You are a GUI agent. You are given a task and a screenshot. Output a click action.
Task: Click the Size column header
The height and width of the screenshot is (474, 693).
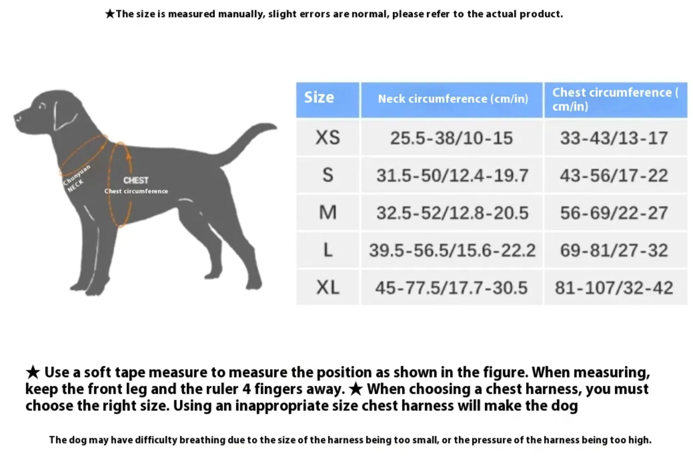coord(319,98)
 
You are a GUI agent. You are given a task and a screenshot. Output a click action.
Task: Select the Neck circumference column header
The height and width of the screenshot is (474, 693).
coord(452,99)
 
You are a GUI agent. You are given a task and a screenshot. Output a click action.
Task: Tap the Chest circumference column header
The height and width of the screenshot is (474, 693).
coord(615,99)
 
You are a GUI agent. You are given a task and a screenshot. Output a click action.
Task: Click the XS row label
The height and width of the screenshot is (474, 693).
coord(328,138)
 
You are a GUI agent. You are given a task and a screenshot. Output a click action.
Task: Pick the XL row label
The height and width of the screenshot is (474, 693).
coord(328,288)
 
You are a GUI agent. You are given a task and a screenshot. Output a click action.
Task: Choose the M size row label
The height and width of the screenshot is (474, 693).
coord(328,213)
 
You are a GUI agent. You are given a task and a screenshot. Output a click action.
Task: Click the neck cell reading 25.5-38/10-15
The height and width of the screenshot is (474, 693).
coord(451,138)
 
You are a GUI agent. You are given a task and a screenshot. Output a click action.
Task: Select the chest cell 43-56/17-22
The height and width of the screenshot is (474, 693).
coord(614,175)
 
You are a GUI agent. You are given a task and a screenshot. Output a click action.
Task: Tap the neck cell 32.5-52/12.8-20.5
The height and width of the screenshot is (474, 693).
coord(452,213)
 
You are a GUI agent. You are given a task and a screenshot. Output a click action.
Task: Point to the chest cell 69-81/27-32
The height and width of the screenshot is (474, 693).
coord(614,250)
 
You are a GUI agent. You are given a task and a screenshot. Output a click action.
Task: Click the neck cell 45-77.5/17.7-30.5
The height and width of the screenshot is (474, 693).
coord(451,288)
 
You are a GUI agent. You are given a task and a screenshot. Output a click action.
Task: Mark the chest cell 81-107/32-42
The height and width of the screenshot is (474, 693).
coord(614,288)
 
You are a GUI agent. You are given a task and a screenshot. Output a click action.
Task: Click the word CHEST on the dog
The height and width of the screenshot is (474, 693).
coord(136,180)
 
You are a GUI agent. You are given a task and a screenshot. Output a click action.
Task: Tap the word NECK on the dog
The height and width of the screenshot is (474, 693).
coord(75,186)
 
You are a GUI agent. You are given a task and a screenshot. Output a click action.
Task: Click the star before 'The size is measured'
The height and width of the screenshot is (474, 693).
coord(110,14)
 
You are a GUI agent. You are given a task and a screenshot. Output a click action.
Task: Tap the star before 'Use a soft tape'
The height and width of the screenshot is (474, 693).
coord(33,372)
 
